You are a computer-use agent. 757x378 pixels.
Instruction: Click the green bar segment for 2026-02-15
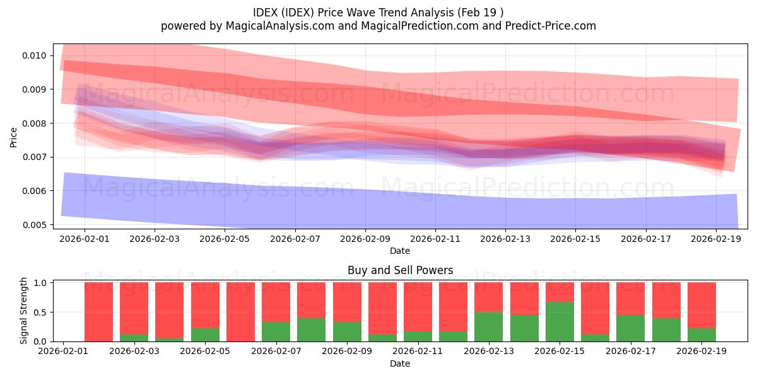point(560,322)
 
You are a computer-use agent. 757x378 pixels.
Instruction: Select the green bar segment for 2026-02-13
point(488,327)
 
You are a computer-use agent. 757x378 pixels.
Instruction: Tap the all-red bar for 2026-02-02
point(98,312)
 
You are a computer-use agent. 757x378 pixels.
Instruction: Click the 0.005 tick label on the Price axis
point(34,224)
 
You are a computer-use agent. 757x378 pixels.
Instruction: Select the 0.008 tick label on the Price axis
point(34,123)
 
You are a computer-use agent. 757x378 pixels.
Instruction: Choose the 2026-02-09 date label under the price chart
point(365,239)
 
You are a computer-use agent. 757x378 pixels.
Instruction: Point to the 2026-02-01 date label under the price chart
point(85,239)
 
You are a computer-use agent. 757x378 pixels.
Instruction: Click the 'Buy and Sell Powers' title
point(400,270)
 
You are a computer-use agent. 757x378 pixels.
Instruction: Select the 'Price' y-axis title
point(14,137)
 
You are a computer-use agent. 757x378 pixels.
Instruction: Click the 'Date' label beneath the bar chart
point(400,364)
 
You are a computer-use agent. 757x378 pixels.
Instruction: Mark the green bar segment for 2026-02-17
point(630,328)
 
